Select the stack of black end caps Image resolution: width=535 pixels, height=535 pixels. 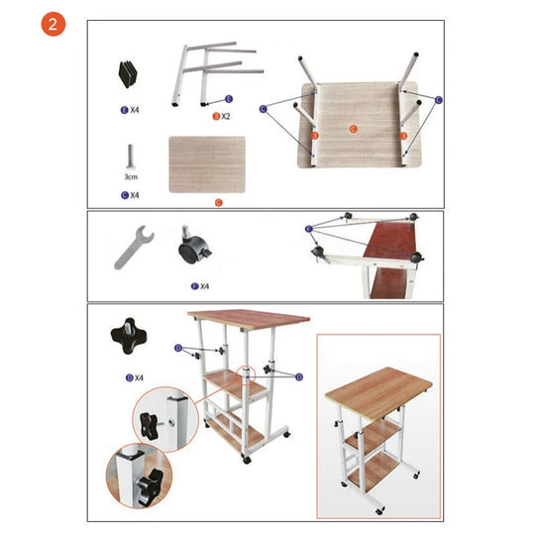coord(129,71)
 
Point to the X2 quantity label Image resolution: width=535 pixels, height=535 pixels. coord(224,116)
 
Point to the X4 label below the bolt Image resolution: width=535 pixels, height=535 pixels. coord(129,195)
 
